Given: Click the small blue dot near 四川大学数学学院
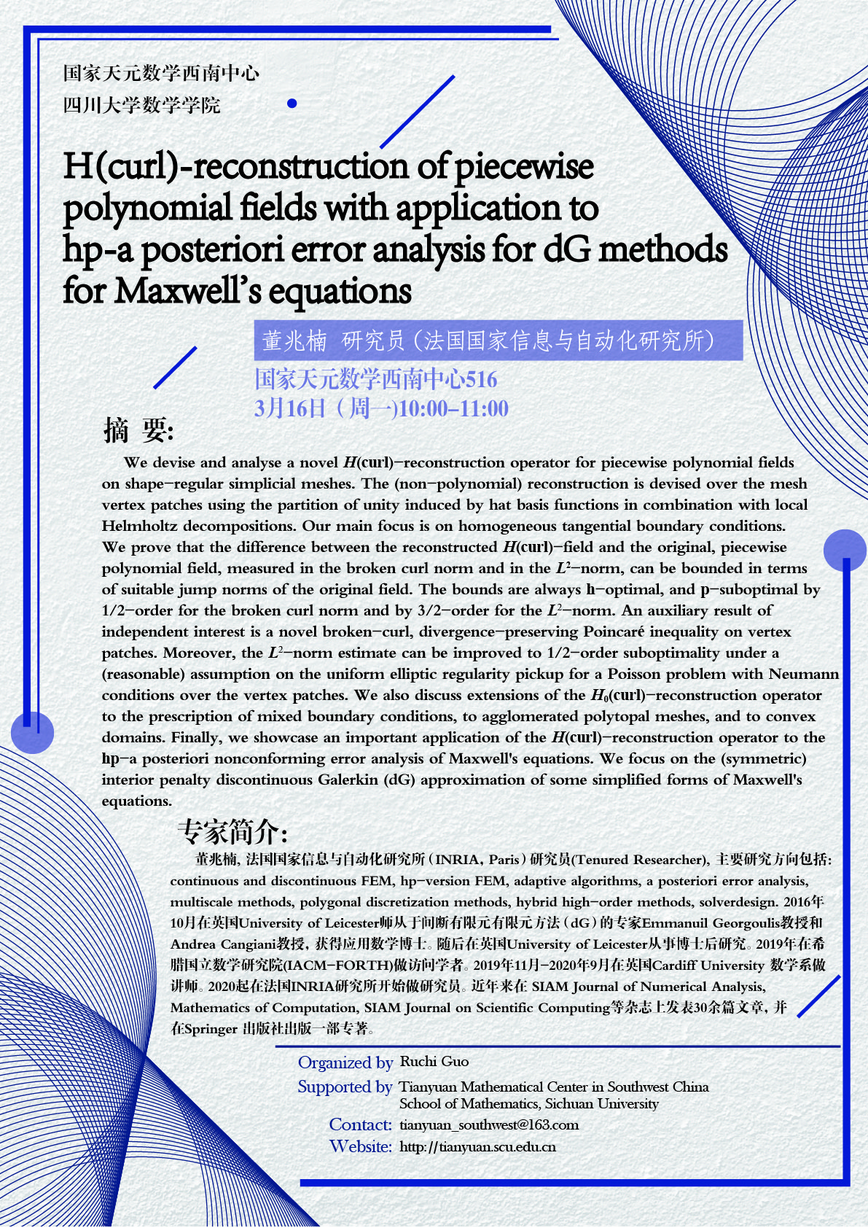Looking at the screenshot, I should coord(292,104).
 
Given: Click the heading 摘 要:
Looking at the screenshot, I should coord(138,430).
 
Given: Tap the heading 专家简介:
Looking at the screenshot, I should coord(232,831).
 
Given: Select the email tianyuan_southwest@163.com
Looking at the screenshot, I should coord(489,1125).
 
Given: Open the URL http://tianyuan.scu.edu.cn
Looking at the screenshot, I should coord(477,1147).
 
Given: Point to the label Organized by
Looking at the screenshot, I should coord(345,1062).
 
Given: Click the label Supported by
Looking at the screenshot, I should coord(345,1087).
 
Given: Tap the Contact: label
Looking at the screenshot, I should coord(361,1124).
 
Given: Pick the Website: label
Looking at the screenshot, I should coord(361,1146).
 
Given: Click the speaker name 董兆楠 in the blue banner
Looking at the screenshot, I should coord(294,341).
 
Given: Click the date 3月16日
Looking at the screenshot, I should coord(290,408).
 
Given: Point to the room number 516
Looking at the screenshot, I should coord(481,379).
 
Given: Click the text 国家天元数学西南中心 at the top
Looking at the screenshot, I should coord(161,73).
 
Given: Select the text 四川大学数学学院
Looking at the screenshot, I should coord(141,105).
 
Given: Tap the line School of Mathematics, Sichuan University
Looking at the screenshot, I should coord(528,1104).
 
